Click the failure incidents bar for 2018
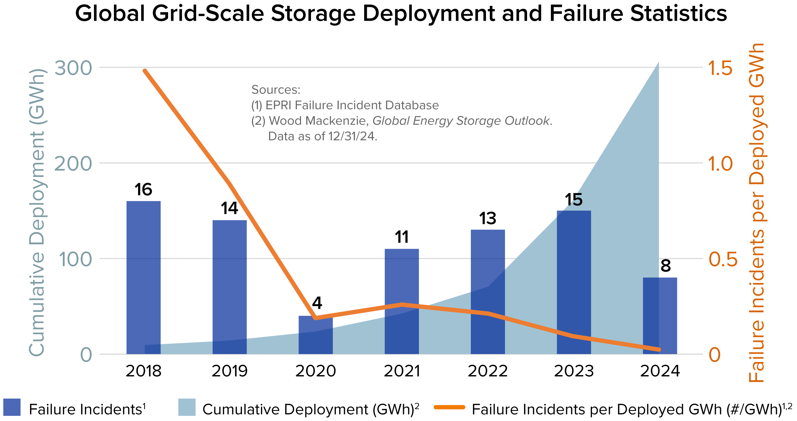144,276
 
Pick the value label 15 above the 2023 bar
574,200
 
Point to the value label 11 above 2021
402,237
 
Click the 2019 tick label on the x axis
230,371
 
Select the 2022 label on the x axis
488,371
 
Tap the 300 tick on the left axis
74,68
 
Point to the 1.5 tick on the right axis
720,68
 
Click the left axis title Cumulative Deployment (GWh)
37,212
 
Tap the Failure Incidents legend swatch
12,408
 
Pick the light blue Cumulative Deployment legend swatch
187,408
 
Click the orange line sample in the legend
449,408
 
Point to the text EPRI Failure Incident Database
352,105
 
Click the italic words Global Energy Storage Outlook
461,121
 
